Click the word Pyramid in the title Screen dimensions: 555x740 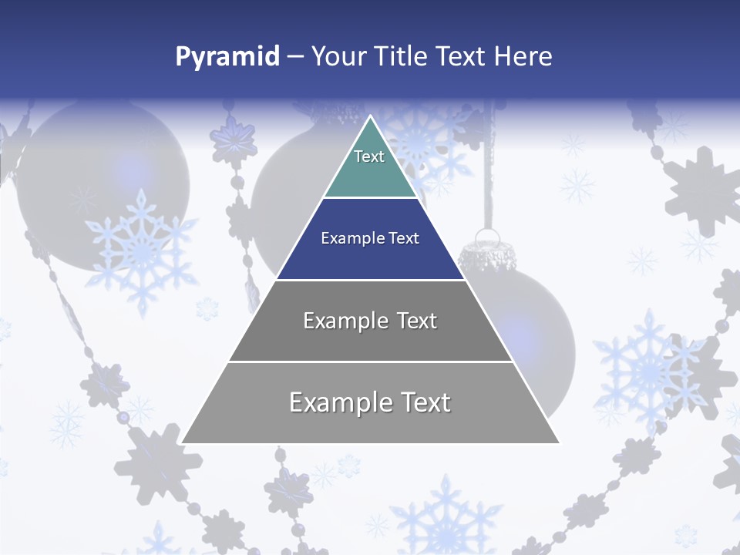click(x=227, y=57)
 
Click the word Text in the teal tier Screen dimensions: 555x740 click(x=369, y=156)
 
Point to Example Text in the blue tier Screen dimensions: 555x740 click(x=370, y=238)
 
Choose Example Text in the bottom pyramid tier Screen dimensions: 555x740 click(x=370, y=402)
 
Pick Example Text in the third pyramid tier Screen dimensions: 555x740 click(x=370, y=321)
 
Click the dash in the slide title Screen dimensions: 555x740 click(x=294, y=57)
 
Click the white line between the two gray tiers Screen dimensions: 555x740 click(x=370, y=362)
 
